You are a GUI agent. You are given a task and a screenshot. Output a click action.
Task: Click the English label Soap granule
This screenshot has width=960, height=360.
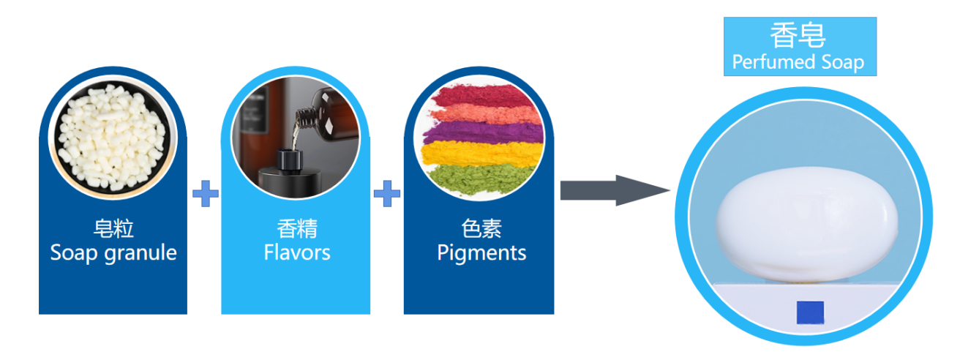point(113,253)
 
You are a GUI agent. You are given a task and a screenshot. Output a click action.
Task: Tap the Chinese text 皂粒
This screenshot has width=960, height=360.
point(113,229)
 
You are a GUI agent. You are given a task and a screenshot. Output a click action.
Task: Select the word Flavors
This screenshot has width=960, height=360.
point(296,253)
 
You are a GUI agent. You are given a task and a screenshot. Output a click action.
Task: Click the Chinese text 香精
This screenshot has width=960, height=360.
point(296,229)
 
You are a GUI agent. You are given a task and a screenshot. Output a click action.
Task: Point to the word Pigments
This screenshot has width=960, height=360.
point(481,253)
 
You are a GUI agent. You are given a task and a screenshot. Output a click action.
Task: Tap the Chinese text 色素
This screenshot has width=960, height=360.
point(481,229)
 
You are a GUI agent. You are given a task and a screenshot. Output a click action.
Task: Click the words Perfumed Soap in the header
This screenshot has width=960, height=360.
point(798,62)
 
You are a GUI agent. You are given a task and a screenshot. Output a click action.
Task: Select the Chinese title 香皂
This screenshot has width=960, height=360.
point(798,34)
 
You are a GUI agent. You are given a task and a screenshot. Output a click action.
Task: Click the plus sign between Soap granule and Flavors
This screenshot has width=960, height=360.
point(205,194)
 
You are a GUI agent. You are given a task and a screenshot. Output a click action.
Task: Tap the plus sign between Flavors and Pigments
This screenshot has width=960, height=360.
point(387,194)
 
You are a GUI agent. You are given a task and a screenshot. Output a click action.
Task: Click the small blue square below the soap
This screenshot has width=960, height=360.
point(810,312)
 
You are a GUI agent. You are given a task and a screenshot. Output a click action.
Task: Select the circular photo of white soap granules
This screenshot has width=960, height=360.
point(113,136)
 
